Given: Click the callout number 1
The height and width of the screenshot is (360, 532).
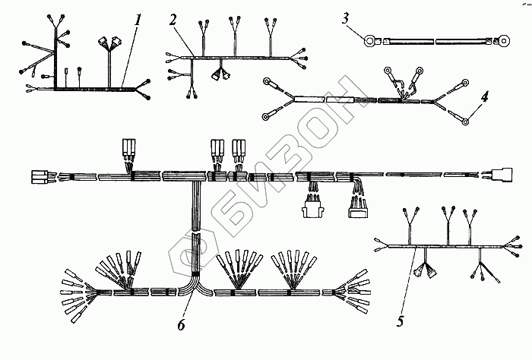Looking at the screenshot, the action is [x=138, y=20].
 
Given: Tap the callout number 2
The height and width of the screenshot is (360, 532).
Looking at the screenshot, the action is [x=173, y=21].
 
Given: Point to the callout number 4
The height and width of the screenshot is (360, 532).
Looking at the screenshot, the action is [x=483, y=97].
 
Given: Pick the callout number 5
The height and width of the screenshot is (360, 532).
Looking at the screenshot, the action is [x=400, y=321].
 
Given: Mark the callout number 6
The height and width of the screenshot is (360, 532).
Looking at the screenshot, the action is [x=180, y=324].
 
